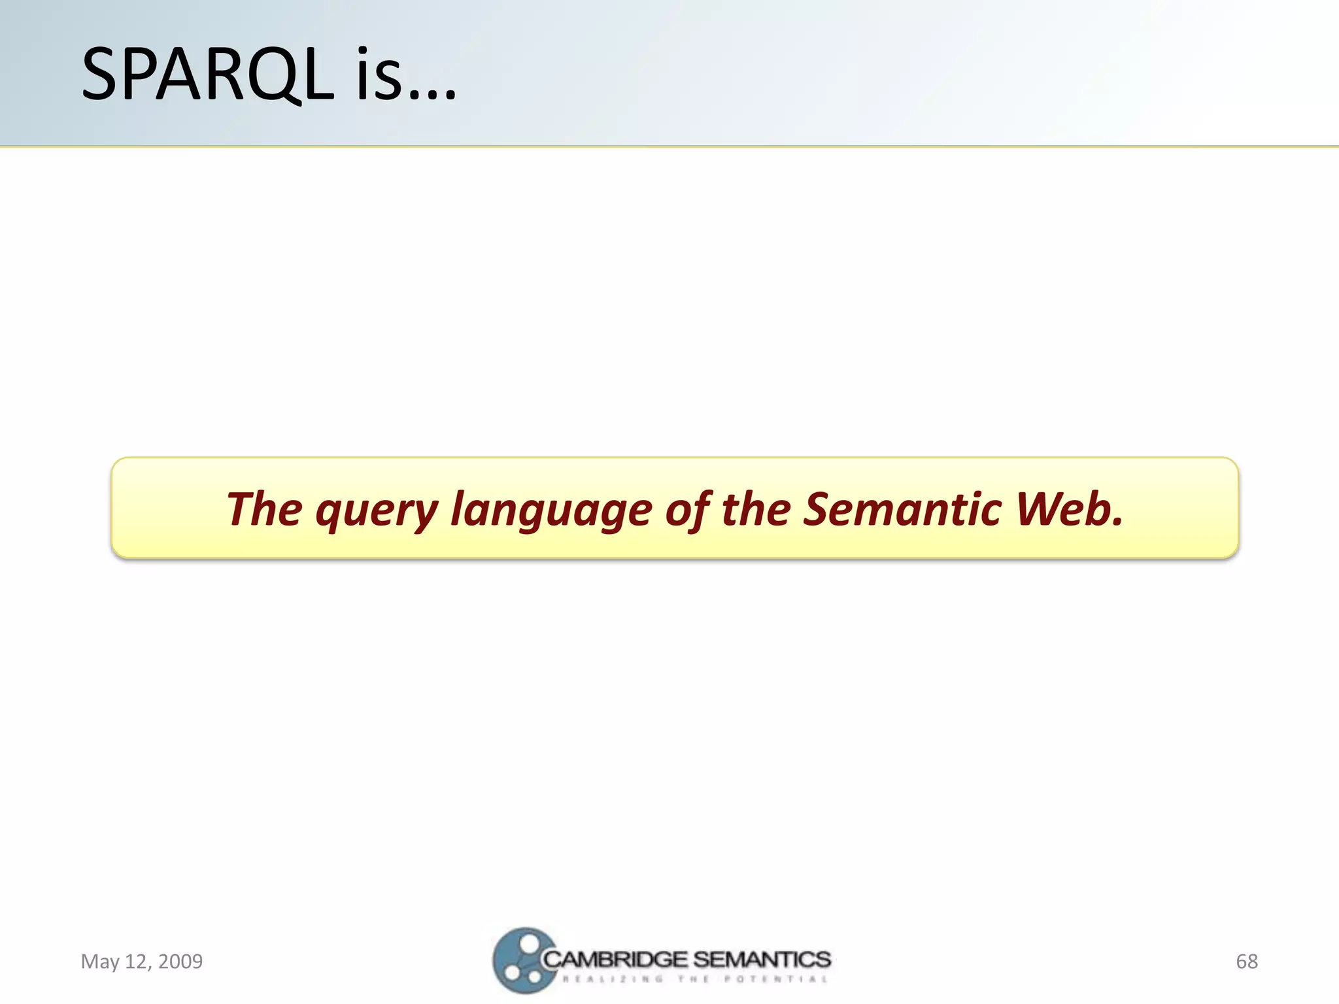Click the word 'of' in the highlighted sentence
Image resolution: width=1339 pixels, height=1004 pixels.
[x=687, y=509]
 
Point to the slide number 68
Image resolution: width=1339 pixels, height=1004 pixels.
[x=1246, y=961]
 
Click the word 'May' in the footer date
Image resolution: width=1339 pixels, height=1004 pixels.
[x=100, y=962]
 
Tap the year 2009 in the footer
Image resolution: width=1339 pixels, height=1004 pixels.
[x=180, y=961]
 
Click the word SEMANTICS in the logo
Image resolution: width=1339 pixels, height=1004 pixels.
[x=762, y=959]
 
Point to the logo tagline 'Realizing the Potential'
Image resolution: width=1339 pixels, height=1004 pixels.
[x=694, y=979]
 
